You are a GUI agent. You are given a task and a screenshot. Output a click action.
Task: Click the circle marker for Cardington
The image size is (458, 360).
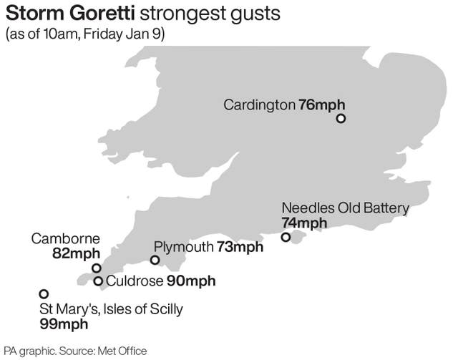pyautogui.click(x=341, y=119)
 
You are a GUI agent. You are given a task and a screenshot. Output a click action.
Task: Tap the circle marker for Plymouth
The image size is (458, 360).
pyautogui.click(x=155, y=260)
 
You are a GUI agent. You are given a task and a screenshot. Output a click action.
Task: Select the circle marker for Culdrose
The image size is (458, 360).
pyautogui.click(x=98, y=281)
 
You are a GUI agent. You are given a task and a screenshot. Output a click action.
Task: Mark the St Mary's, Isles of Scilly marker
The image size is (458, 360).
pyautogui.click(x=44, y=294)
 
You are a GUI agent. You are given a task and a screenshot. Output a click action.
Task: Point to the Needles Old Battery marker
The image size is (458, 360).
pyautogui.click(x=286, y=238)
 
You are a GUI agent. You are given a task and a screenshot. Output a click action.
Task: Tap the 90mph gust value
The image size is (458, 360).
pyautogui.click(x=191, y=281)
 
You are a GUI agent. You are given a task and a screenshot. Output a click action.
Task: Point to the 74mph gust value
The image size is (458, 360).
pyautogui.click(x=303, y=223)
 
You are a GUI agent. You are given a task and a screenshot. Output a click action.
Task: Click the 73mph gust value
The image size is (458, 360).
pyautogui.click(x=239, y=248)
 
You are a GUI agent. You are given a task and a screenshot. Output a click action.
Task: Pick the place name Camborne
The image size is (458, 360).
pyautogui.click(x=65, y=238)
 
